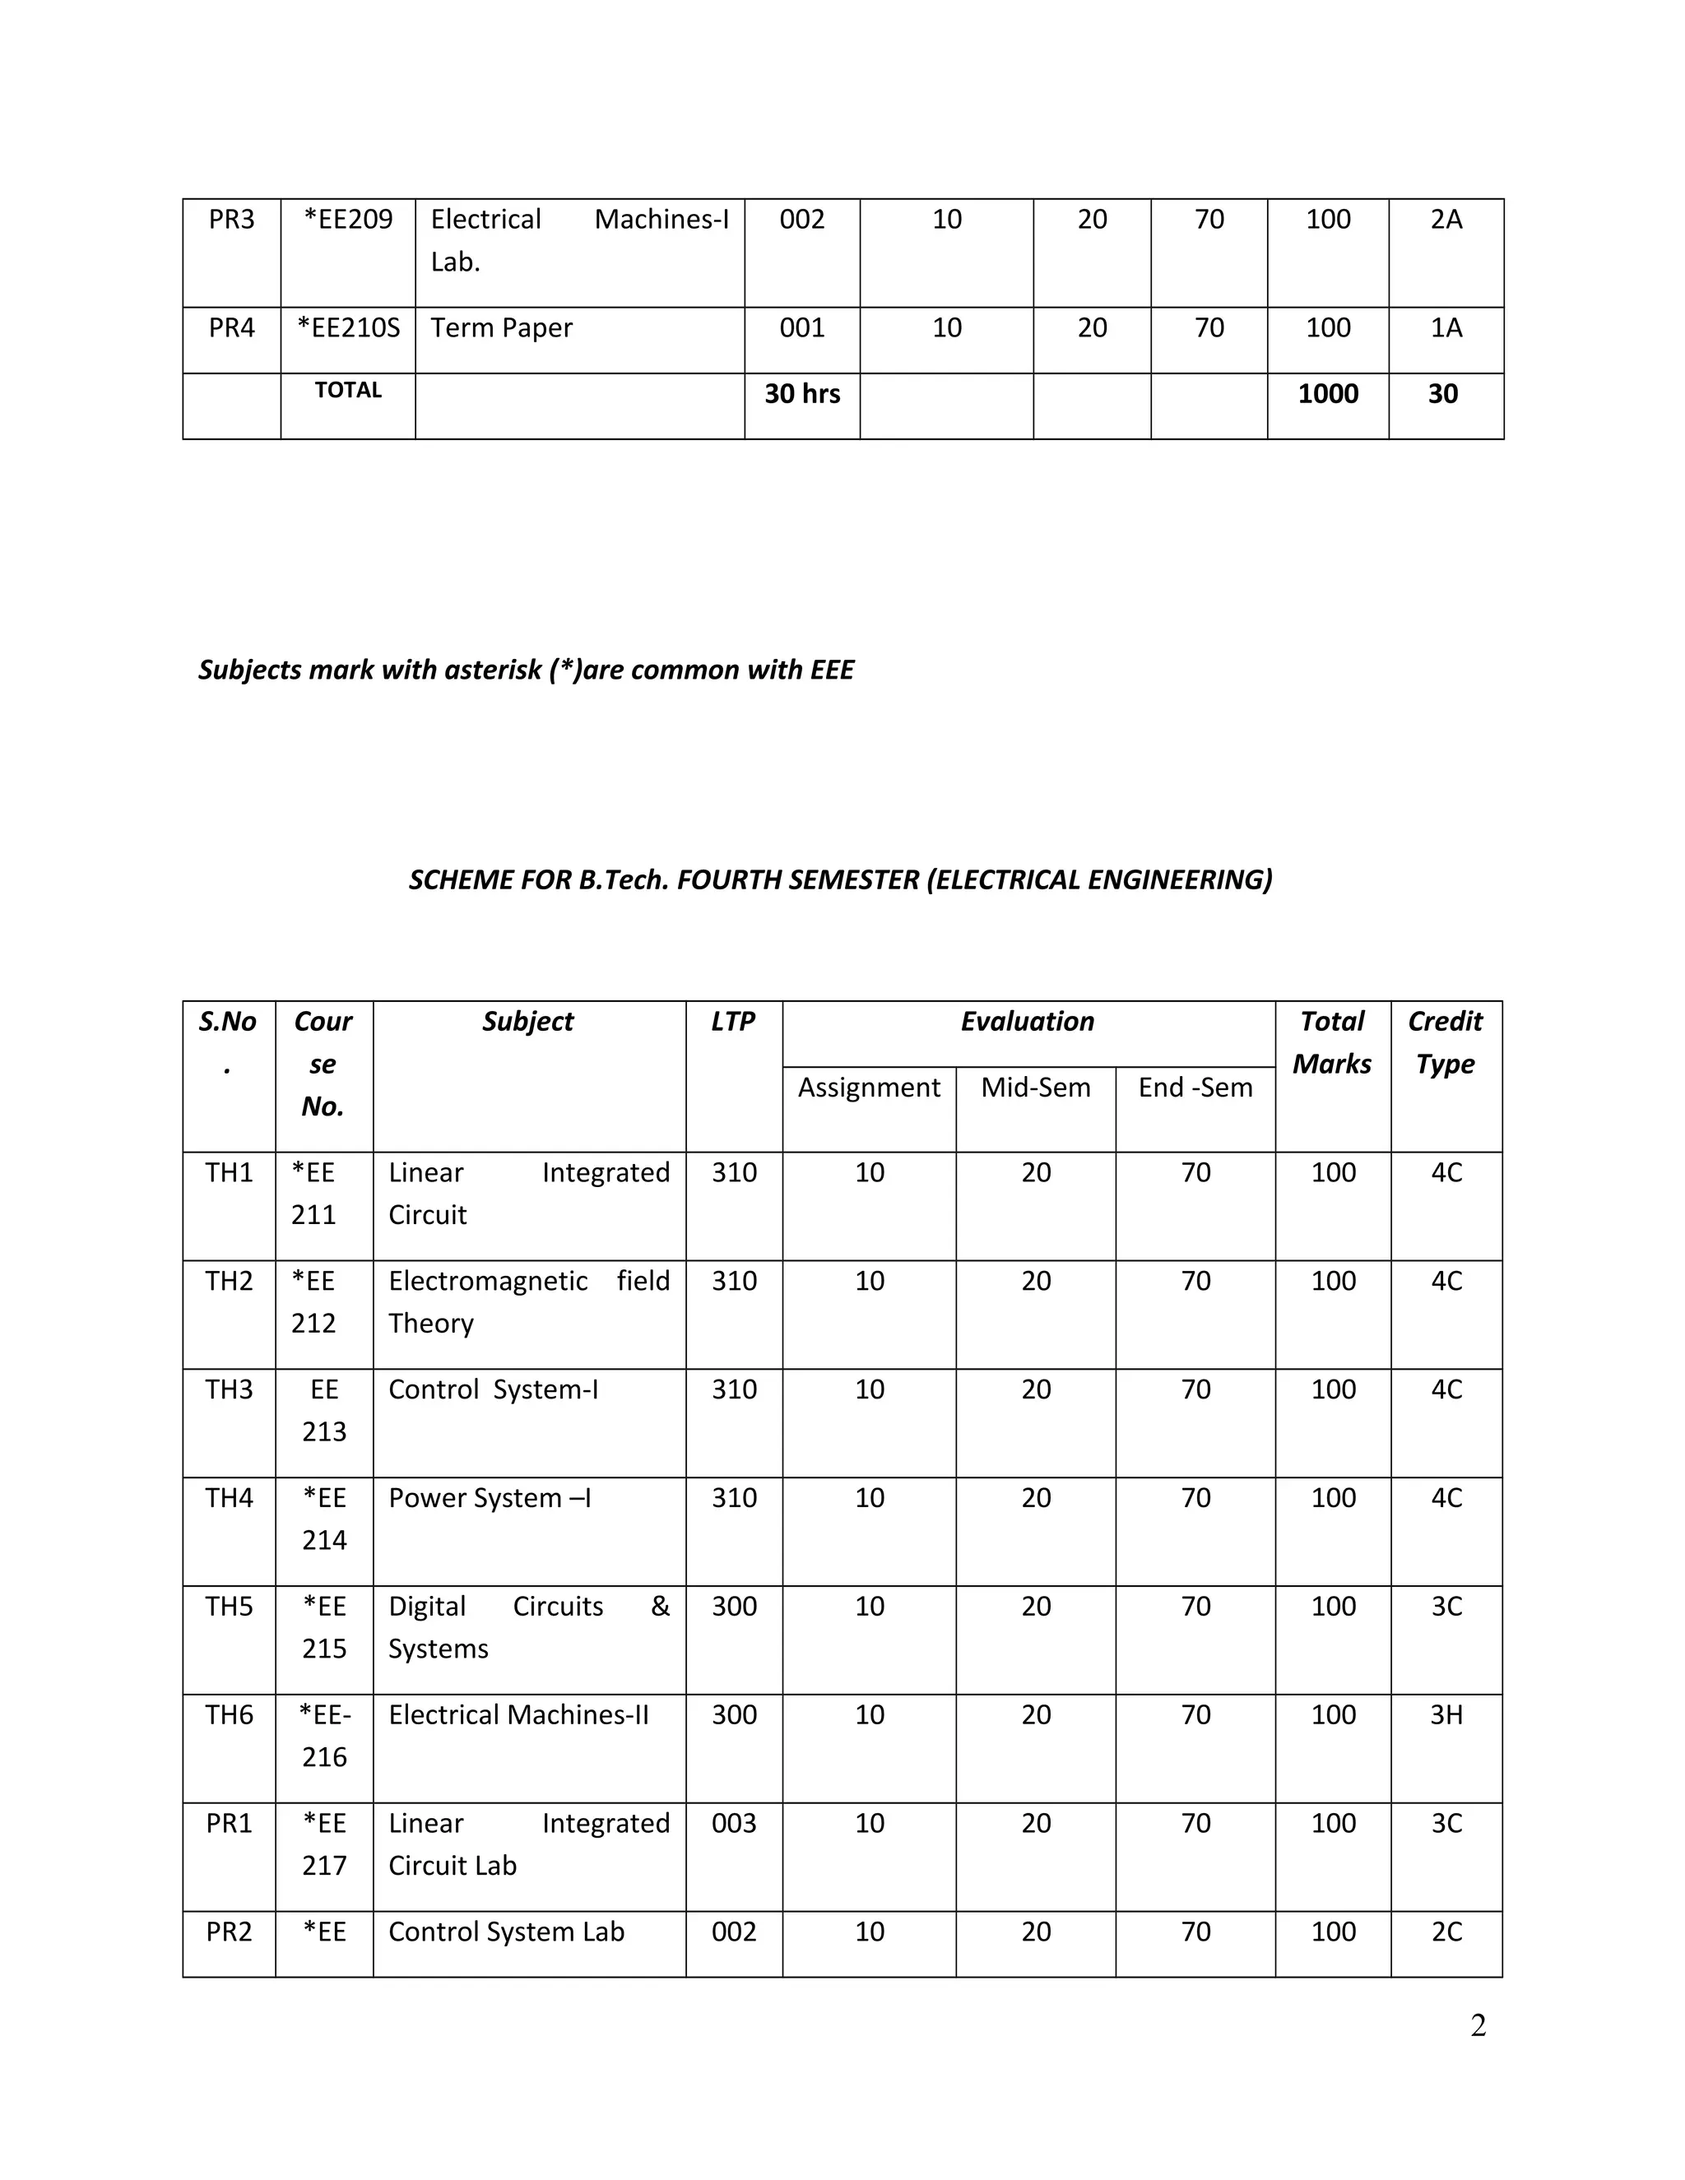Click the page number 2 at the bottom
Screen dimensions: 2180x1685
pos(1478,2025)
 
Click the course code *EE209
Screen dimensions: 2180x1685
pos(347,220)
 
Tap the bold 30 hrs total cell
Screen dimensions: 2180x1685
pos(801,394)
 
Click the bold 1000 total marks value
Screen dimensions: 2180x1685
pos(1328,394)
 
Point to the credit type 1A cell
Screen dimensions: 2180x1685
pos(1446,328)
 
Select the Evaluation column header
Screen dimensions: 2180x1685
pos(1027,1022)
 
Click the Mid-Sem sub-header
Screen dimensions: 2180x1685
pos(1035,1088)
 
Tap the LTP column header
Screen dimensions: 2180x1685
pos(733,1022)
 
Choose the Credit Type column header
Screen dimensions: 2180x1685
pos(1445,1043)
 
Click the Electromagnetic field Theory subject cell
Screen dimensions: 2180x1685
pos(528,1302)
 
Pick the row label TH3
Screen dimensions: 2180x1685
pos(229,1390)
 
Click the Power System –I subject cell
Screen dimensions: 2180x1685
pos(490,1499)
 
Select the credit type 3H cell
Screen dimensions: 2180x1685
pos(1446,1716)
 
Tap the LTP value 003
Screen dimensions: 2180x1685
pos(734,1824)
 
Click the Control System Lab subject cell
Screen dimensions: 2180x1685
pos(506,1932)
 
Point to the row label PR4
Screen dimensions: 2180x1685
pos(230,328)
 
